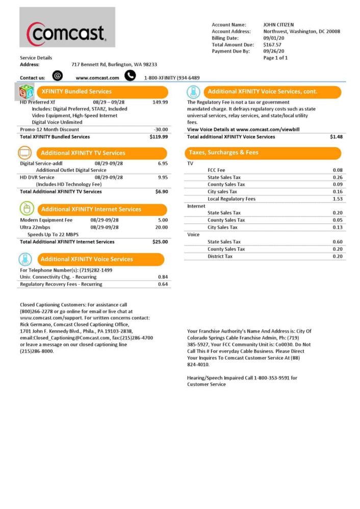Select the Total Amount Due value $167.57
(x=272, y=45)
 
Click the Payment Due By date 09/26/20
(x=274, y=51)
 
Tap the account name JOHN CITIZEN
(x=278, y=24)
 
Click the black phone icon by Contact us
(x=130, y=76)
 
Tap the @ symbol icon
(x=58, y=76)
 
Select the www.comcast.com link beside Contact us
(x=97, y=78)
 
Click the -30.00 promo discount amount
(x=161, y=129)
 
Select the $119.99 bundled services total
(x=159, y=137)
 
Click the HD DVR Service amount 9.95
(x=163, y=177)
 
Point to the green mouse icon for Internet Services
(x=26, y=208)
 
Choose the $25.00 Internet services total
(x=160, y=242)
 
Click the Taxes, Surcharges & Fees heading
(x=224, y=152)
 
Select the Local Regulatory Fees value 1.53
(x=337, y=199)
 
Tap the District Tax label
(x=220, y=256)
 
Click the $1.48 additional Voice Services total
(x=336, y=137)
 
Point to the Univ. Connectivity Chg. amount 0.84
(x=163, y=277)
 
